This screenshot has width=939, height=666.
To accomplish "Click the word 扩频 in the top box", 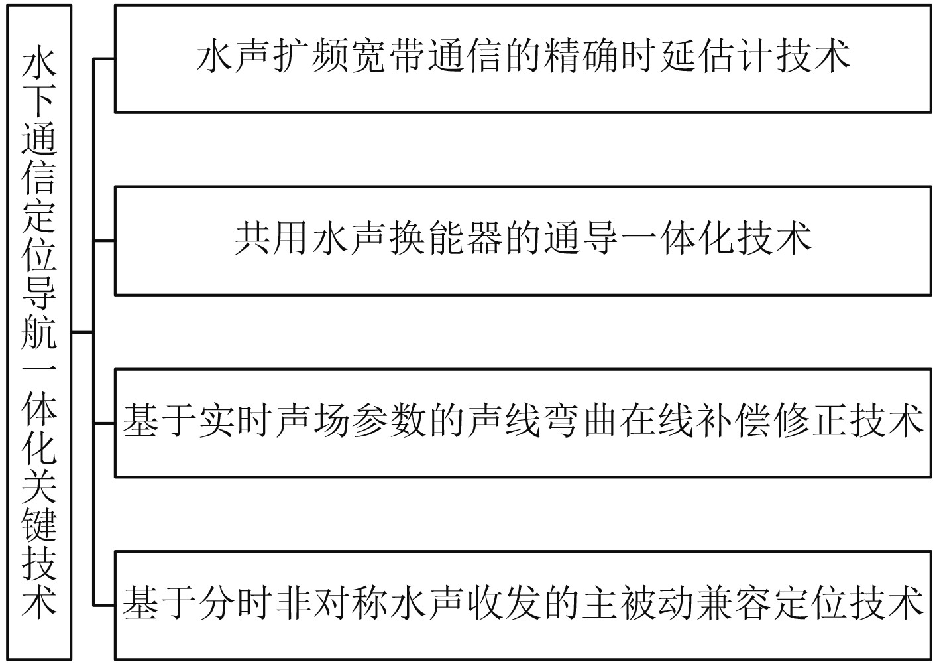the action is point(310,57).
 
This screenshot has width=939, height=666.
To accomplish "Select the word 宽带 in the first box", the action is point(387,57).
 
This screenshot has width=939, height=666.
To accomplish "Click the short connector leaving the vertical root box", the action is point(82,332).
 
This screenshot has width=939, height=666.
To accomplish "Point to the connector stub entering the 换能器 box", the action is point(104,240).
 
